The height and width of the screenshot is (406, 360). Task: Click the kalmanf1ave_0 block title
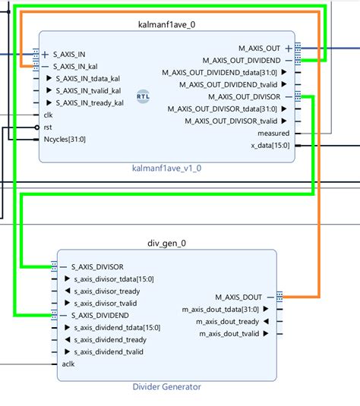[x=166, y=24]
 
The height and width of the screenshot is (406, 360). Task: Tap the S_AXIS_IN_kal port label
[x=81, y=67]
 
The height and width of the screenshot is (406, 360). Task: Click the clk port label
[x=49, y=115]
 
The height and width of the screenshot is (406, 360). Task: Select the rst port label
[x=48, y=127]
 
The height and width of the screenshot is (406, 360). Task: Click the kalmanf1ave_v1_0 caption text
[x=166, y=168]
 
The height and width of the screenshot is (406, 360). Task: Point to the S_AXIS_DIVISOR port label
[x=97, y=266]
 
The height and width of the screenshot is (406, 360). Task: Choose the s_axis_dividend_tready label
[x=109, y=339]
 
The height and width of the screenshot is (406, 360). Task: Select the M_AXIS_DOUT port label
[x=239, y=297]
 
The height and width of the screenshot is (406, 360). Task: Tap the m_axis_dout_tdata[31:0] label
[x=220, y=309]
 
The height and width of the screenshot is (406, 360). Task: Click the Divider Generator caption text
[x=166, y=387]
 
